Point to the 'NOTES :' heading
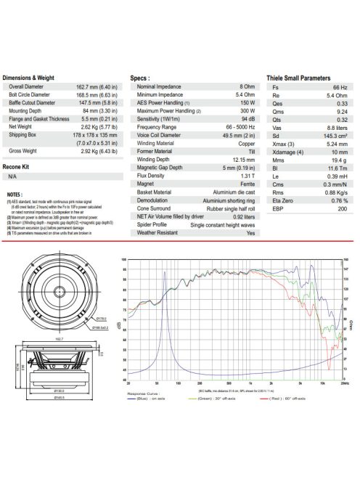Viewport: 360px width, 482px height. pyautogui.click(x=15, y=195)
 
